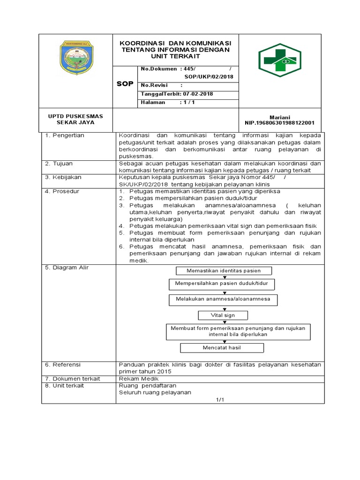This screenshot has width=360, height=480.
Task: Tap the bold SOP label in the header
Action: point(125,83)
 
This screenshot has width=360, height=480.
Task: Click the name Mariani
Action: point(280,117)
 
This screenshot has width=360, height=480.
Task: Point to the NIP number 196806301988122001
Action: point(280,123)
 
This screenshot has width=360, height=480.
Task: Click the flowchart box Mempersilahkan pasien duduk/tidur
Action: point(222,284)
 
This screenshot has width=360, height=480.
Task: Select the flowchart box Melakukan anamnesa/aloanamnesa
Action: point(223,299)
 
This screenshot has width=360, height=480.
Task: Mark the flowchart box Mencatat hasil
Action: point(222,348)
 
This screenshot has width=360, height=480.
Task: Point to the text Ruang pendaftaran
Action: point(143,385)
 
